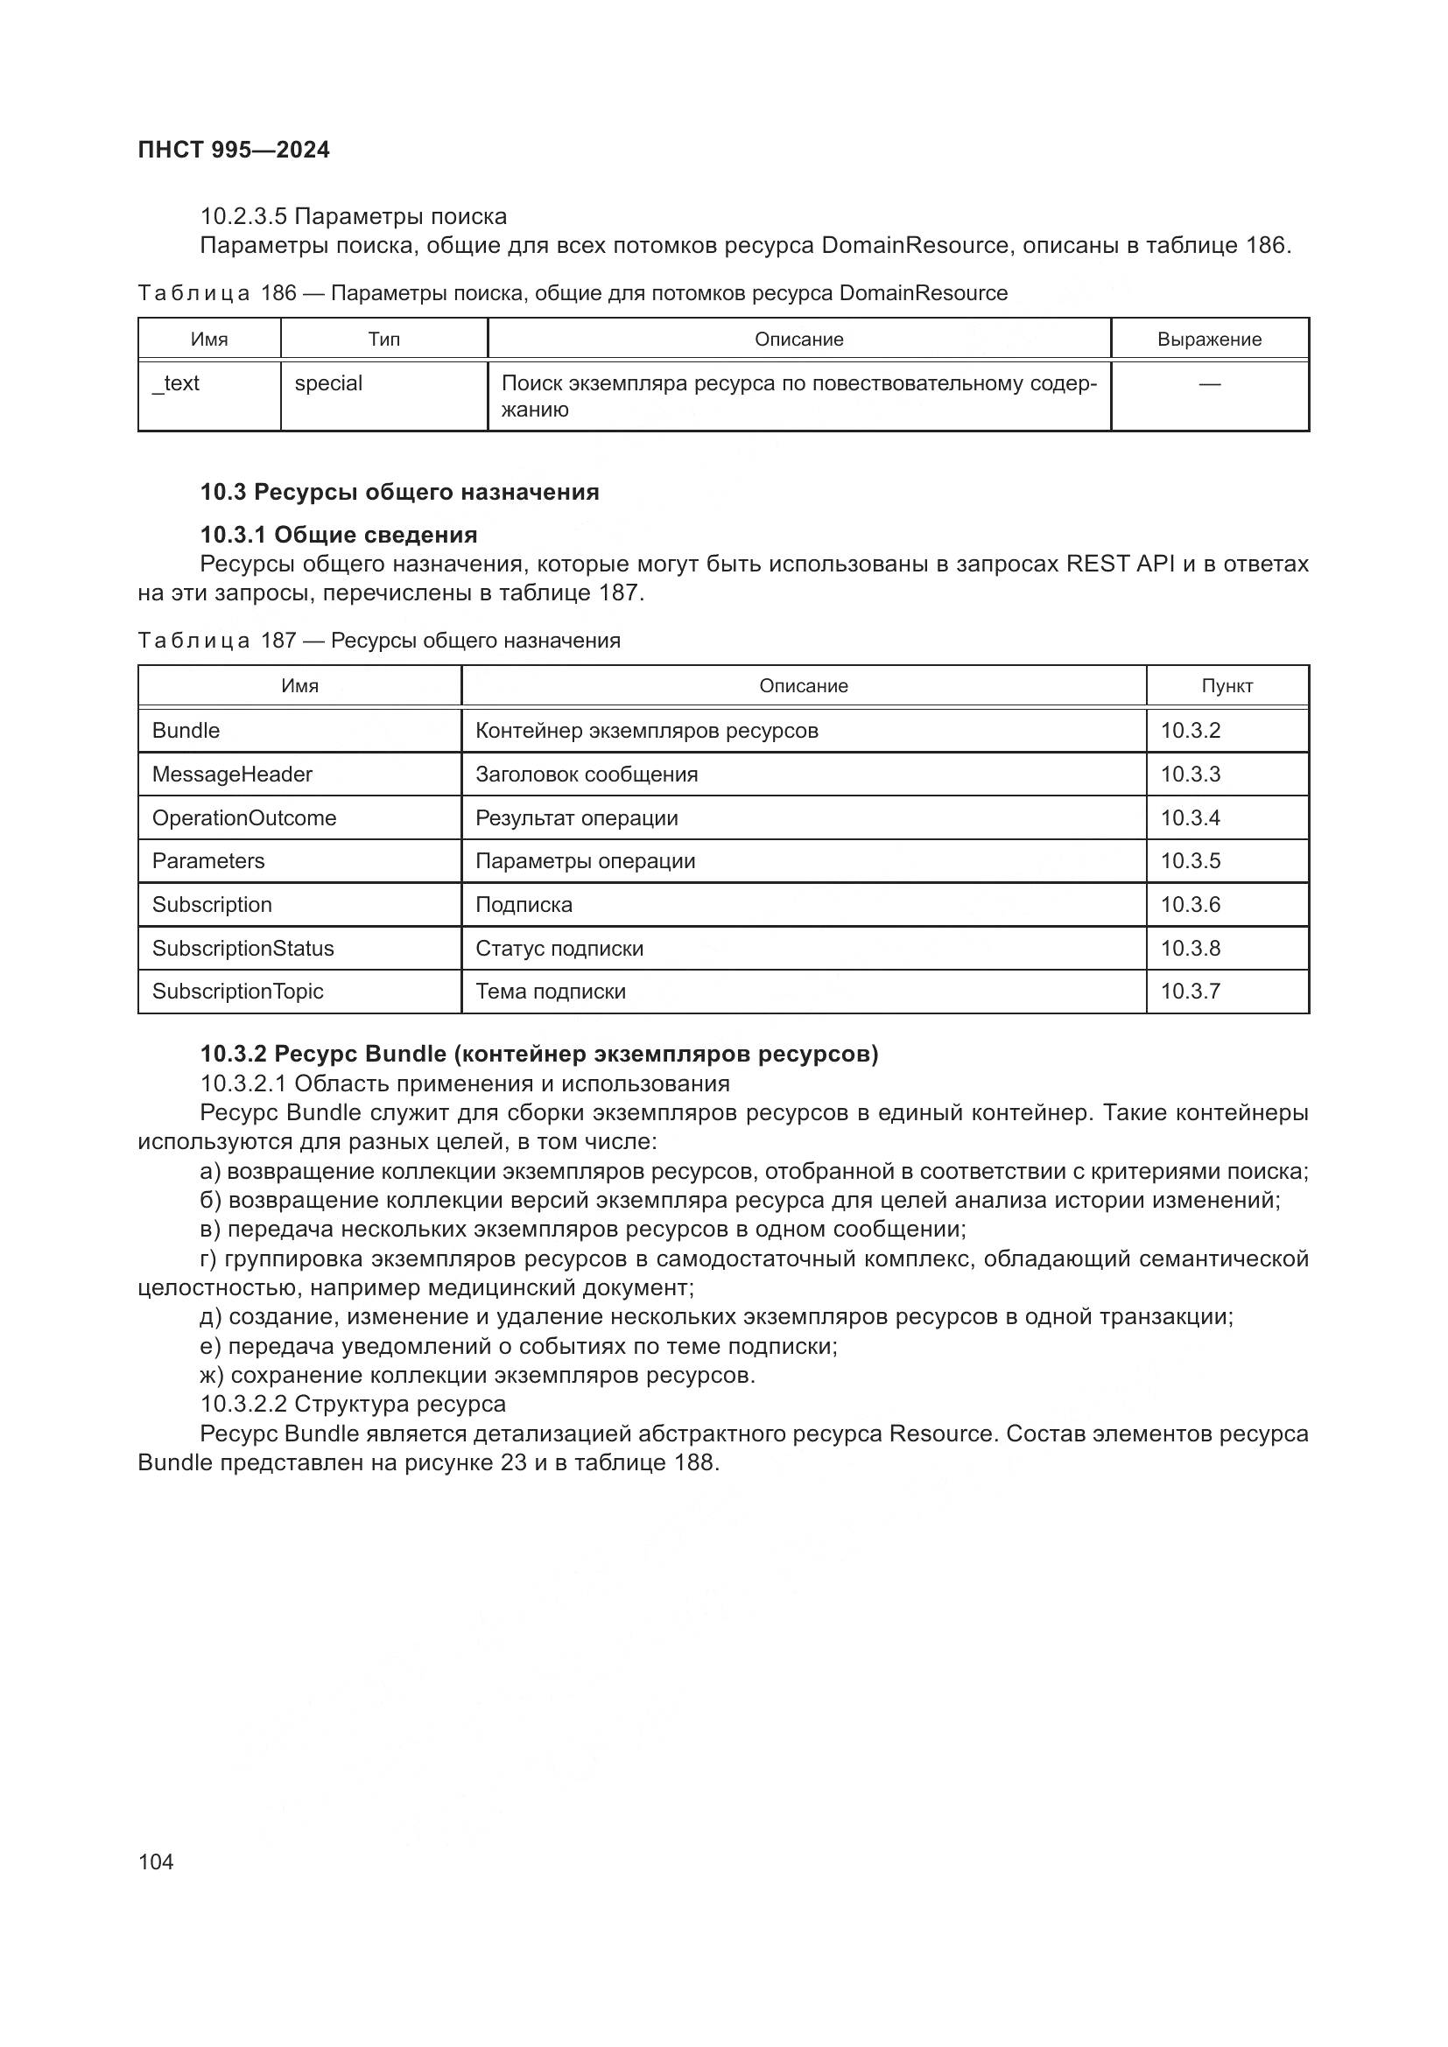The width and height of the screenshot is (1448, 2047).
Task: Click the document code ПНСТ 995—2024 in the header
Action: tap(234, 150)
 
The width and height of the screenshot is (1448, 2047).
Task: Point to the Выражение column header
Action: tap(1209, 340)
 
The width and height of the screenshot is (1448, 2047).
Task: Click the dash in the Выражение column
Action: tap(1209, 383)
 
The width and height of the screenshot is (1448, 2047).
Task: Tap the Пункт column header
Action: tap(1227, 685)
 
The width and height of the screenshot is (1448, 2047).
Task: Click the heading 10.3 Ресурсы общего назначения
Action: tap(399, 492)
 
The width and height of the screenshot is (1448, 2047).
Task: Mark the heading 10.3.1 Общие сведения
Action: tap(339, 535)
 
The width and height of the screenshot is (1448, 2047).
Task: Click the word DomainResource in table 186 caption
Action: tap(924, 293)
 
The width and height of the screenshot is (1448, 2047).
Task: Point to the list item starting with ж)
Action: tap(477, 1375)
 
